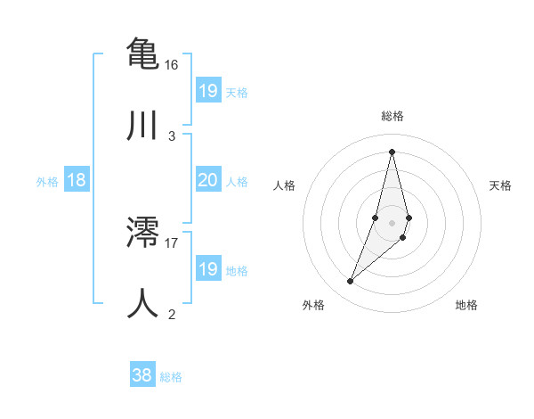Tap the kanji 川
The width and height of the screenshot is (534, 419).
click(142, 125)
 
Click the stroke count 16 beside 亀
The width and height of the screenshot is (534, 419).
click(171, 65)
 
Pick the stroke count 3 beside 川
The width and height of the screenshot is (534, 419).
click(171, 136)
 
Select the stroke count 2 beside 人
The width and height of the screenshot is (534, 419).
click(171, 314)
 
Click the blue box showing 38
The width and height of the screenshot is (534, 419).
click(142, 375)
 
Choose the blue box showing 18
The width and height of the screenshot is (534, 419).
click(76, 180)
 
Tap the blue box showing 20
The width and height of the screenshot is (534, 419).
click(207, 180)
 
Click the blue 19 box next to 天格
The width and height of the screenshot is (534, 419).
click(207, 91)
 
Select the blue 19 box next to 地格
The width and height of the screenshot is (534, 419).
click(207, 269)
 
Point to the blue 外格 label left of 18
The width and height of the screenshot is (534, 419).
click(47, 181)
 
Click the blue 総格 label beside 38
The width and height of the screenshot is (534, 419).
click(171, 376)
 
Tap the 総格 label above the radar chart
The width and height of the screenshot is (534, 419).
click(392, 116)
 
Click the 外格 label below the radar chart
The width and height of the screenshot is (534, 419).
click(313, 305)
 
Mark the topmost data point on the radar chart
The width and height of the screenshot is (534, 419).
click(392, 151)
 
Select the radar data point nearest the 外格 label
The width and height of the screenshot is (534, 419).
click(350, 282)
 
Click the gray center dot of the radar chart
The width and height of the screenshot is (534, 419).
click(392, 222)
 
